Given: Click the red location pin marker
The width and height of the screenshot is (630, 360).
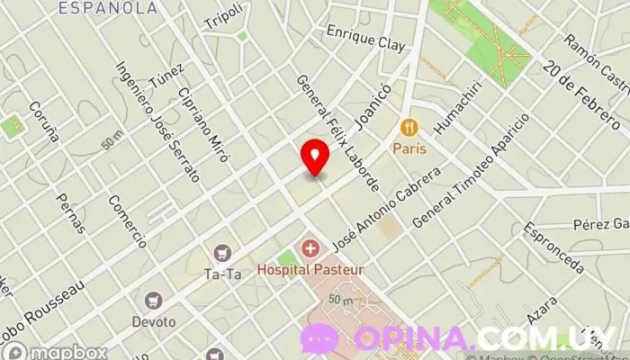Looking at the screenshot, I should tap(315, 157).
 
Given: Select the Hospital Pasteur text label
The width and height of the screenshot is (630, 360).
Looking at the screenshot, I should tap(303, 268).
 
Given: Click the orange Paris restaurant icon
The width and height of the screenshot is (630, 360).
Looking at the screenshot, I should tap(409, 126).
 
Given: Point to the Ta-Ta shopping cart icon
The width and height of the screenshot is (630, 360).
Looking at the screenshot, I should tap(221, 256).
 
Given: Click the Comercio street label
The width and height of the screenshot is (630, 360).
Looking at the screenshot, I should tap(127, 221).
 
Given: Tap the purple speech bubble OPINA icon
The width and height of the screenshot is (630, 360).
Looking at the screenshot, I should tap(319, 338).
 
